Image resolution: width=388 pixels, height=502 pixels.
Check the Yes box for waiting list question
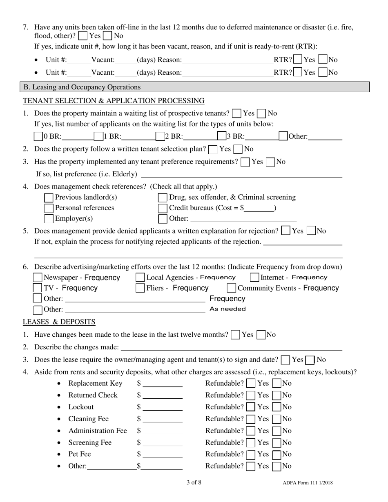[236, 113]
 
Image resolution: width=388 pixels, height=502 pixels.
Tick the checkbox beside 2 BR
[160, 136]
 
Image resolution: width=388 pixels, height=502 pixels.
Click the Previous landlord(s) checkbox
[49, 198]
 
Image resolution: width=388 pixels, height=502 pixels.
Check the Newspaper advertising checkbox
[38, 278]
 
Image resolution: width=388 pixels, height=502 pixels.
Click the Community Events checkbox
[231, 288]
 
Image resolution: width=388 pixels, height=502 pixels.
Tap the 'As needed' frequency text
[227, 309]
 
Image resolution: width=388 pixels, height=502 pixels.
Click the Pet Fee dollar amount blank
[163, 454]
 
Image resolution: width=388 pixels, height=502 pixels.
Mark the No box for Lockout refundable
[277, 407]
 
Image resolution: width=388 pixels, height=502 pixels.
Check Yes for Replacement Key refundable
[252, 384]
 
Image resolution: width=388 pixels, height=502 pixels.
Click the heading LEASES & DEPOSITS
[59, 322]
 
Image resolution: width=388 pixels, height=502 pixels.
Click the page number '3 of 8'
[194, 482]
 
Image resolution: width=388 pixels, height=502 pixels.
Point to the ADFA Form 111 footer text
[307, 483]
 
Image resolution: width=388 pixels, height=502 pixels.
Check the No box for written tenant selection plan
[238, 149]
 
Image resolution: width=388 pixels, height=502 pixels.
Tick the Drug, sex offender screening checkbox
[163, 198]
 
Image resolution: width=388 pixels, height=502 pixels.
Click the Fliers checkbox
[140, 288]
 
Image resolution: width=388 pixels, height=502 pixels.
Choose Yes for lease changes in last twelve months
[235, 335]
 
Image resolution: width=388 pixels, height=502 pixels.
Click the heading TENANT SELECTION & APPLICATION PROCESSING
[114, 101]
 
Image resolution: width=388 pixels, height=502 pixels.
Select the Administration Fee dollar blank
[163, 431]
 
